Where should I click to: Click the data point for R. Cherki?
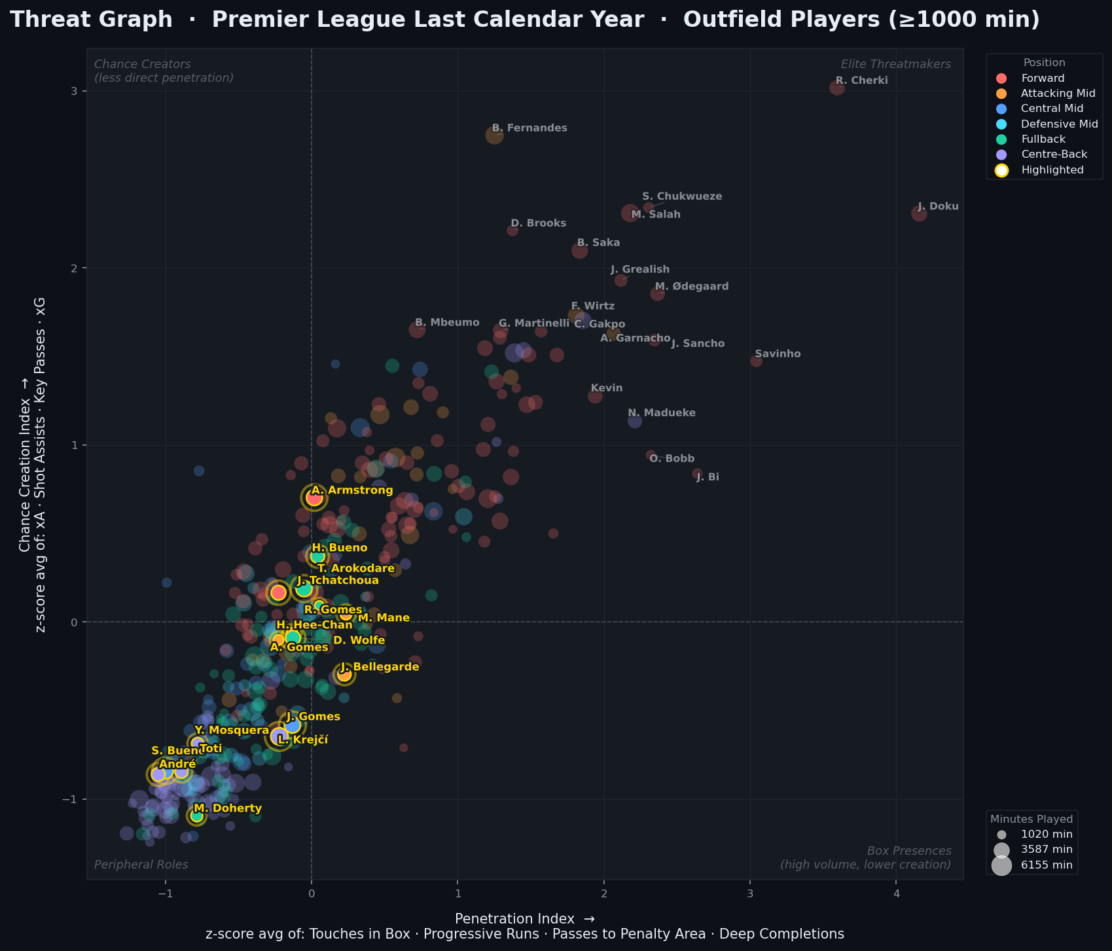836,88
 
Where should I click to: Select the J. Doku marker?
919,213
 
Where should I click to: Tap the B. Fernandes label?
529,128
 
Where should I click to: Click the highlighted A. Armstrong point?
314,498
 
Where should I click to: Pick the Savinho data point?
756,361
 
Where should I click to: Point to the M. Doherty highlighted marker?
196,816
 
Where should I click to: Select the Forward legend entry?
1043,79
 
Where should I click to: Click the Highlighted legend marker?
1001,170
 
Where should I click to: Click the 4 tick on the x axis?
896,893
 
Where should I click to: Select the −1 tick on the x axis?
165,893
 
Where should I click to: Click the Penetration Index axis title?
524,918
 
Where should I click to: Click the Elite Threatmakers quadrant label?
895,64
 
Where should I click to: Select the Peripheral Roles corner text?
141,865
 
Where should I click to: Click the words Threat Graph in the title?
91,20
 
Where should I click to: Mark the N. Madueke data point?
634,421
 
